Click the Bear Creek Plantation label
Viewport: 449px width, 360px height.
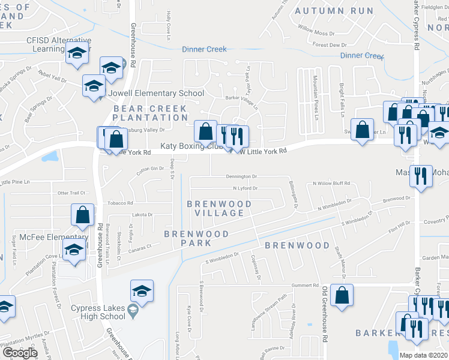[x=151, y=113]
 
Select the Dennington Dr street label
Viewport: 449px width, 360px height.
[x=241, y=177]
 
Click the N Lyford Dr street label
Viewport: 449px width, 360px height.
[x=245, y=188]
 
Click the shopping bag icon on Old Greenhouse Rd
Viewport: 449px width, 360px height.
[x=342, y=295]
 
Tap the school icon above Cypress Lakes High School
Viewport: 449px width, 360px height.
[x=142, y=291]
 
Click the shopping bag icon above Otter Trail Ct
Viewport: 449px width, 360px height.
[x=82, y=215]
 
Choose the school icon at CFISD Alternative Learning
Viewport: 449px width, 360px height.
[x=77, y=55]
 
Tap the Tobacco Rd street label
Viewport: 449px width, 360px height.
[x=120, y=203]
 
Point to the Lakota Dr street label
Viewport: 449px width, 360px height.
[x=142, y=214]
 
